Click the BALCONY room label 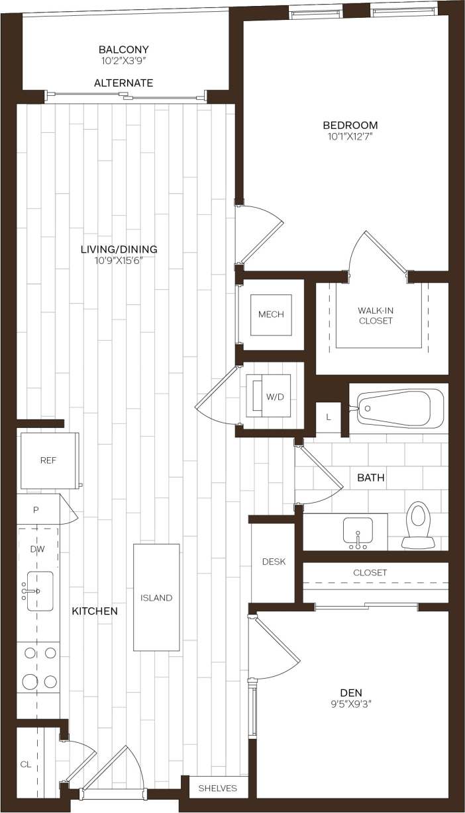123,50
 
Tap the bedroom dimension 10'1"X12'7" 350,137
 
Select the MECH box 271,314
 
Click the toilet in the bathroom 417,525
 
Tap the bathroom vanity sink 358,532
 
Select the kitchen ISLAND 156,597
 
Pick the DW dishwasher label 37,548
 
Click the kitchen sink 39,591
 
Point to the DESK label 274,562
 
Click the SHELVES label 217,788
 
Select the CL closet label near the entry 26,764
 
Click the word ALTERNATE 123,83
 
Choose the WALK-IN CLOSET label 375,316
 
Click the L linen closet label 328,417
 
